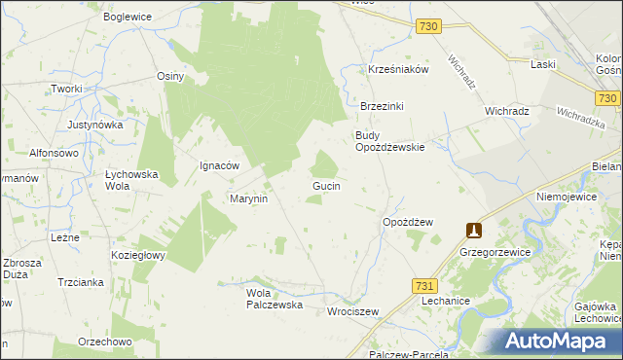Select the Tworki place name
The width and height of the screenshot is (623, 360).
(67, 89)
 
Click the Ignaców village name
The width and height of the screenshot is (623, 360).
(219, 165)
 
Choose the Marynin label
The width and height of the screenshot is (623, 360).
(248, 198)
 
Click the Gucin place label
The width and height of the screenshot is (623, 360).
(325, 185)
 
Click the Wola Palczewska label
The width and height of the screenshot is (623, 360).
(275, 299)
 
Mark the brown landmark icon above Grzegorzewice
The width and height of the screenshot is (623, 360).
(474, 231)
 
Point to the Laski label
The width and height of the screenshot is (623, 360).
(543, 64)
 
